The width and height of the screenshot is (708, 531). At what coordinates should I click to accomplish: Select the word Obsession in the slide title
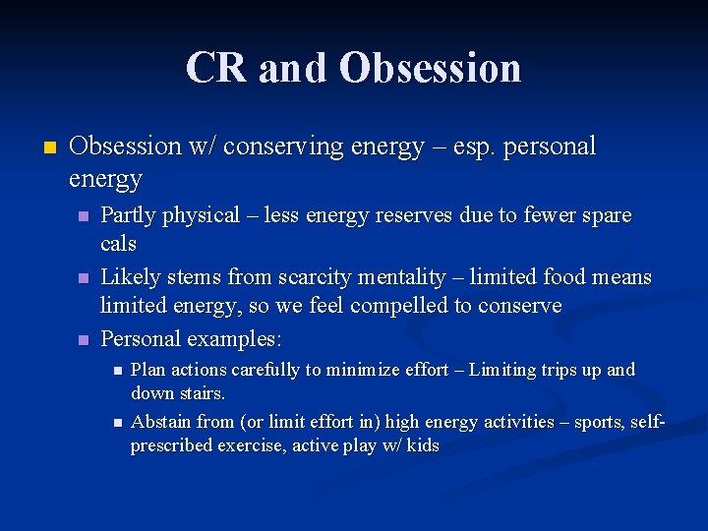point(431,68)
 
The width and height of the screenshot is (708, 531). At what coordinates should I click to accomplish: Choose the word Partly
point(128,215)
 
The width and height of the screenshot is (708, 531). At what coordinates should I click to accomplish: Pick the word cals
point(119,243)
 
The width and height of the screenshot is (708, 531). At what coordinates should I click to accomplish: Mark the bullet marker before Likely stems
point(85,278)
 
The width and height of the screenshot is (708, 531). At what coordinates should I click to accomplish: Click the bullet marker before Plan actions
point(116,371)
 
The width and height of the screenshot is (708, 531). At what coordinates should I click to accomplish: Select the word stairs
point(203,393)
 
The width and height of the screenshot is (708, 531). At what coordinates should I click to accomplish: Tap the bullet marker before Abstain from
point(116,423)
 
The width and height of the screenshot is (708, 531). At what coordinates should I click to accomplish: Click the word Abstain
point(161,422)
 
